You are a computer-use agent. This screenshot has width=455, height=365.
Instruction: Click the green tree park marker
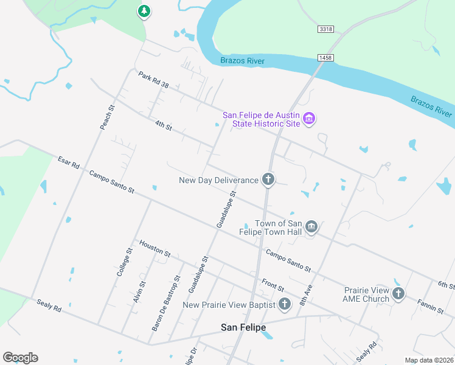144,11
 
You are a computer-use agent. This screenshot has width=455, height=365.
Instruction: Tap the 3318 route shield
326,29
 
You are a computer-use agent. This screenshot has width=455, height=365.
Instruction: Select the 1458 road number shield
326,57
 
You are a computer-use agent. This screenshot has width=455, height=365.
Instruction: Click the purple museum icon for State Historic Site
309,118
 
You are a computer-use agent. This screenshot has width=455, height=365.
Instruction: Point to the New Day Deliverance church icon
268,179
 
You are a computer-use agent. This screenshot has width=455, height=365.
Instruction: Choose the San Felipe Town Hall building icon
311,227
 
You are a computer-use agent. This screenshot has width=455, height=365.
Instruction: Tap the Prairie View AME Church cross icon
398,294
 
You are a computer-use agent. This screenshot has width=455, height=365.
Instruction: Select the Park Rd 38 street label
153,80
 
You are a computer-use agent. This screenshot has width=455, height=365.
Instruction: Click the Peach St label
107,117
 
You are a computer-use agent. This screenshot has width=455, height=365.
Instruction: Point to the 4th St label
163,126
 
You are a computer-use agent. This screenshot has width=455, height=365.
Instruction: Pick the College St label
125,262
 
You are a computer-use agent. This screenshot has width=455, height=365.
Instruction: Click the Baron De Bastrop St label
166,303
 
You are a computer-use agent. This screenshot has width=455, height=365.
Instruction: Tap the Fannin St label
430,306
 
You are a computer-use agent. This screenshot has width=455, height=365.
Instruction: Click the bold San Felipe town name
243,327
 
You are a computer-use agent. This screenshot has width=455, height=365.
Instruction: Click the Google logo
20,357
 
